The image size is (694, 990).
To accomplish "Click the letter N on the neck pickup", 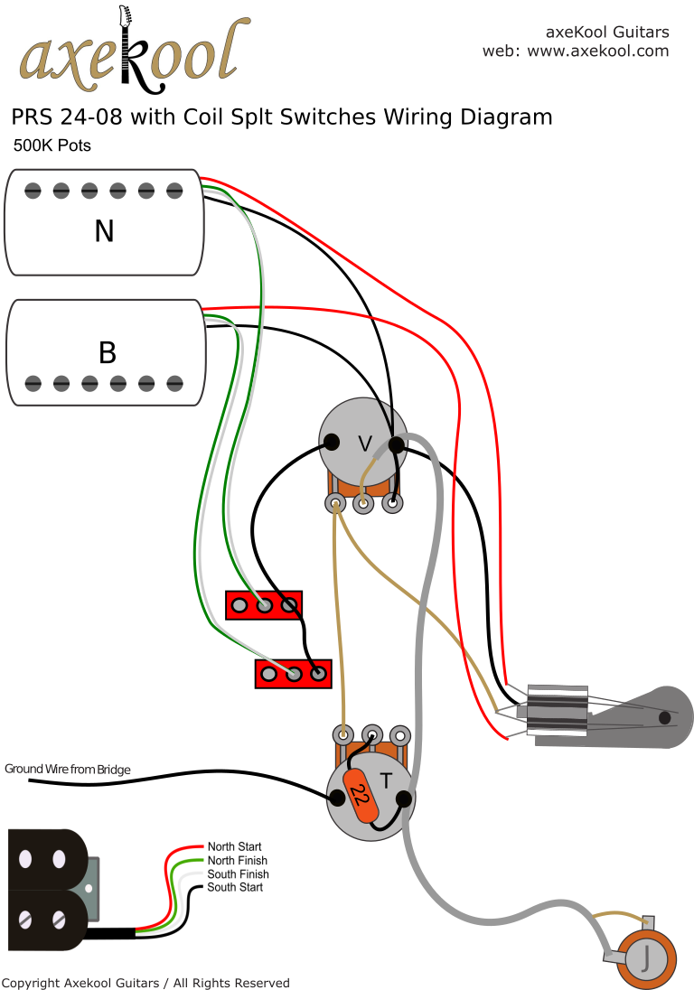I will [104, 232].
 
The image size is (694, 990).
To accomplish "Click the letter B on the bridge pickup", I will [107, 352].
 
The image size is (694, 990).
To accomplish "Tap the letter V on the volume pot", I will [365, 444].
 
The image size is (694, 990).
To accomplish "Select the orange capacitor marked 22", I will [361, 796].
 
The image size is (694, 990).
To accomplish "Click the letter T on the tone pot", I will [385, 781].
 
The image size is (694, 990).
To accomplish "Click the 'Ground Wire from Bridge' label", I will [68, 770].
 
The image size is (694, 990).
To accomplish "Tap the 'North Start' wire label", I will [234, 847].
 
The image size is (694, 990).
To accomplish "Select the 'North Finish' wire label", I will [237, 861].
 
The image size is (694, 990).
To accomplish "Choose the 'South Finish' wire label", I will [238, 874].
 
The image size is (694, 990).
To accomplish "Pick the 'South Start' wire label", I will [235, 888].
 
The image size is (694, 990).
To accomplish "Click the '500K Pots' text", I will [52, 145].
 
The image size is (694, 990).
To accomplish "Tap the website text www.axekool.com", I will [597, 51].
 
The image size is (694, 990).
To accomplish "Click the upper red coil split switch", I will [263, 605].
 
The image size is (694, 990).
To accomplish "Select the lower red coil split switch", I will [294, 673].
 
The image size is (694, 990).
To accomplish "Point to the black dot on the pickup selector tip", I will [664, 717].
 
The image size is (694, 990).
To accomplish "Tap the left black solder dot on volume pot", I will [332, 442].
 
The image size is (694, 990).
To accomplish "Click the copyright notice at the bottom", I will [146, 983].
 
